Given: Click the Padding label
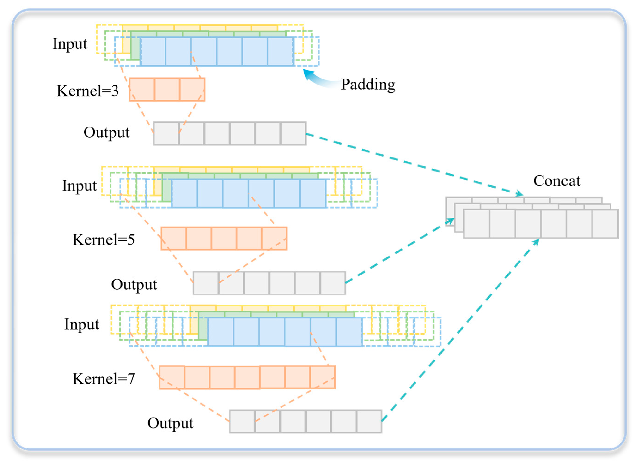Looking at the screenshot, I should (x=368, y=84).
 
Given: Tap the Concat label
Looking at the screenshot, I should (x=556, y=181).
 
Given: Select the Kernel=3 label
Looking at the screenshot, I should (x=88, y=91).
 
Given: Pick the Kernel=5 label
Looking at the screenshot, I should (x=104, y=240).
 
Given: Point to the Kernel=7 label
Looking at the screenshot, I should (x=104, y=379).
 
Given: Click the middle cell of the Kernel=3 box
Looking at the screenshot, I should (x=167, y=89).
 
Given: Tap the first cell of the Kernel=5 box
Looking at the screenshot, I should (x=174, y=238).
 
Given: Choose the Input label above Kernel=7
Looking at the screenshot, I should (x=82, y=324).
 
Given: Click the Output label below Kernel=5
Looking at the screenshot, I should (x=134, y=284).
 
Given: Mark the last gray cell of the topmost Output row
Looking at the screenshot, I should (x=293, y=133).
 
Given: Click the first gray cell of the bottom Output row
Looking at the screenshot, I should (x=242, y=421).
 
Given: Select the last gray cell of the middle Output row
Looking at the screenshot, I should (x=333, y=283).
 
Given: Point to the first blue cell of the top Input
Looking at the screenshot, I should (x=153, y=51).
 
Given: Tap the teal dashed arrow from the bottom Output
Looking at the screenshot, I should (x=460, y=331).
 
